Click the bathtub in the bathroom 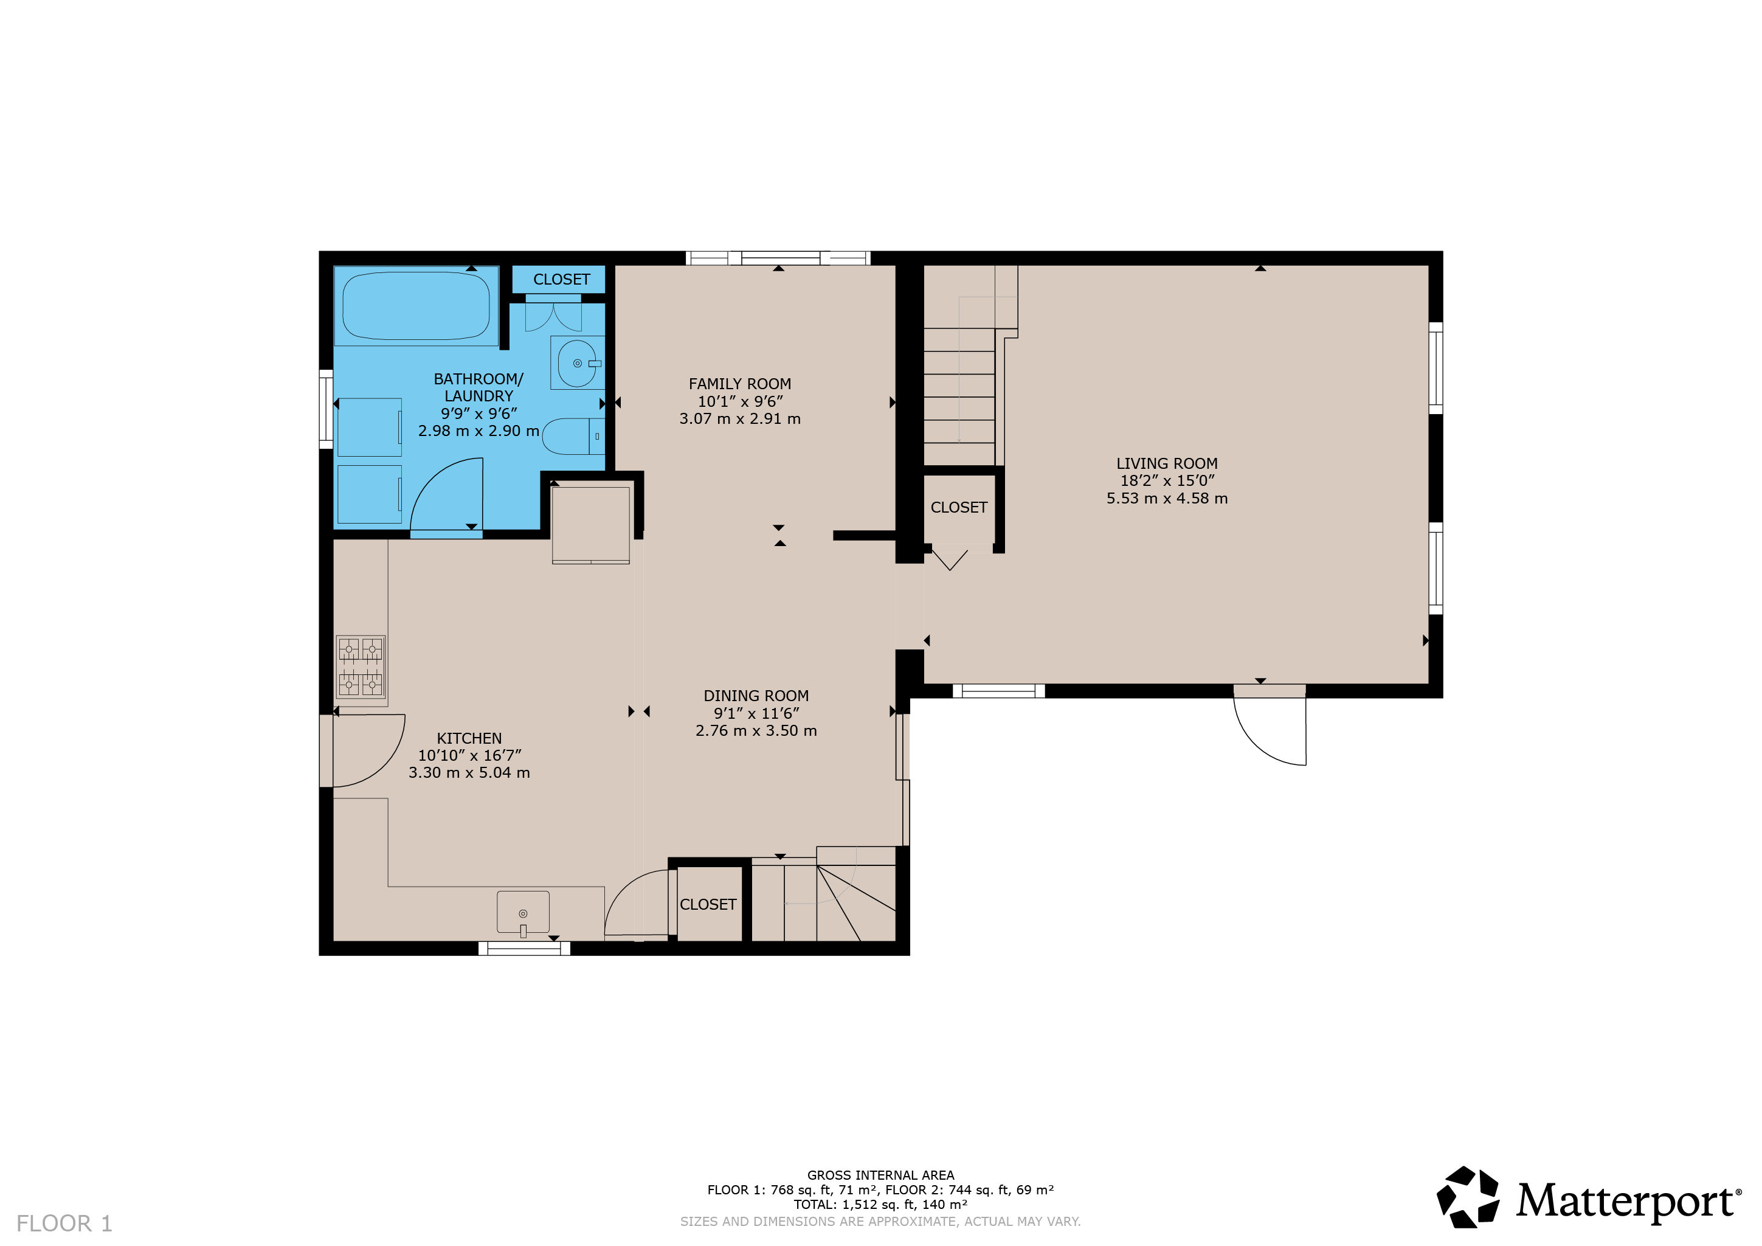pyautogui.click(x=416, y=305)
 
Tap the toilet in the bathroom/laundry pyautogui.click(x=573, y=437)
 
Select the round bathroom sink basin pyautogui.click(x=577, y=363)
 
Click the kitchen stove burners pyautogui.click(x=361, y=667)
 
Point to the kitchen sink pyautogui.click(x=523, y=912)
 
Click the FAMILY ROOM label pyautogui.click(x=740, y=384)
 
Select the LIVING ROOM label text pyautogui.click(x=1167, y=464)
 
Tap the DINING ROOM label pyautogui.click(x=756, y=696)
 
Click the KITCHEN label pyautogui.click(x=469, y=738)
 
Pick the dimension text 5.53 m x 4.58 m pyautogui.click(x=1167, y=498)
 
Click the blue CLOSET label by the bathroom pyautogui.click(x=562, y=280)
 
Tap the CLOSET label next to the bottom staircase pyautogui.click(x=708, y=904)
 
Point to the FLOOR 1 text pyautogui.click(x=64, y=1223)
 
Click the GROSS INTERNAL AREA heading pyautogui.click(x=880, y=1175)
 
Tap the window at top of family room pyautogui.click(x=778, y=258)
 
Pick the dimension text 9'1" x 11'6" pyautogui.click(x=756, y=713)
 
